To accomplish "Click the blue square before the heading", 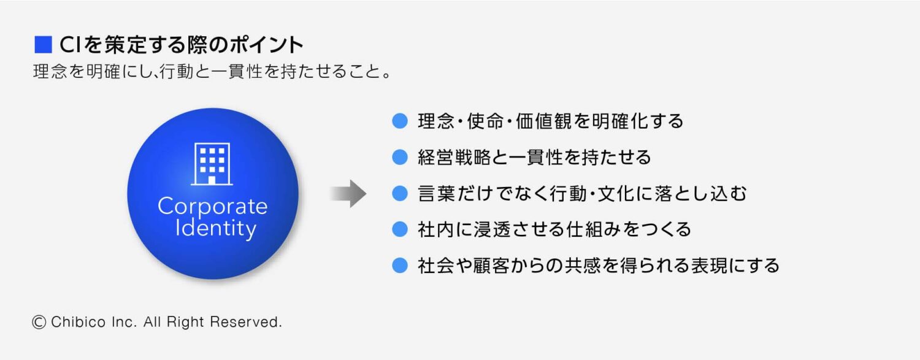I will point(44,45).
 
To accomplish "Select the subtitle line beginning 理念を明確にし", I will point(212,72).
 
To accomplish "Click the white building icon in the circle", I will point(212,164).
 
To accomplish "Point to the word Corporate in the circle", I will point(212,206).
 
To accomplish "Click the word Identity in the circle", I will point(215,229).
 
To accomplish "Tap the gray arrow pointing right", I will point(348,193).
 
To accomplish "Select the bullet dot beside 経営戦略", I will point(400,158).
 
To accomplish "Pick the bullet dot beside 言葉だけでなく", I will point(400,194).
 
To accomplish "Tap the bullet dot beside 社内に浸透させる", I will point(400,230).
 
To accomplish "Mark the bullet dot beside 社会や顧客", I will point(400,266).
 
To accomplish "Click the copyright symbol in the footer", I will point(39,322).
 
